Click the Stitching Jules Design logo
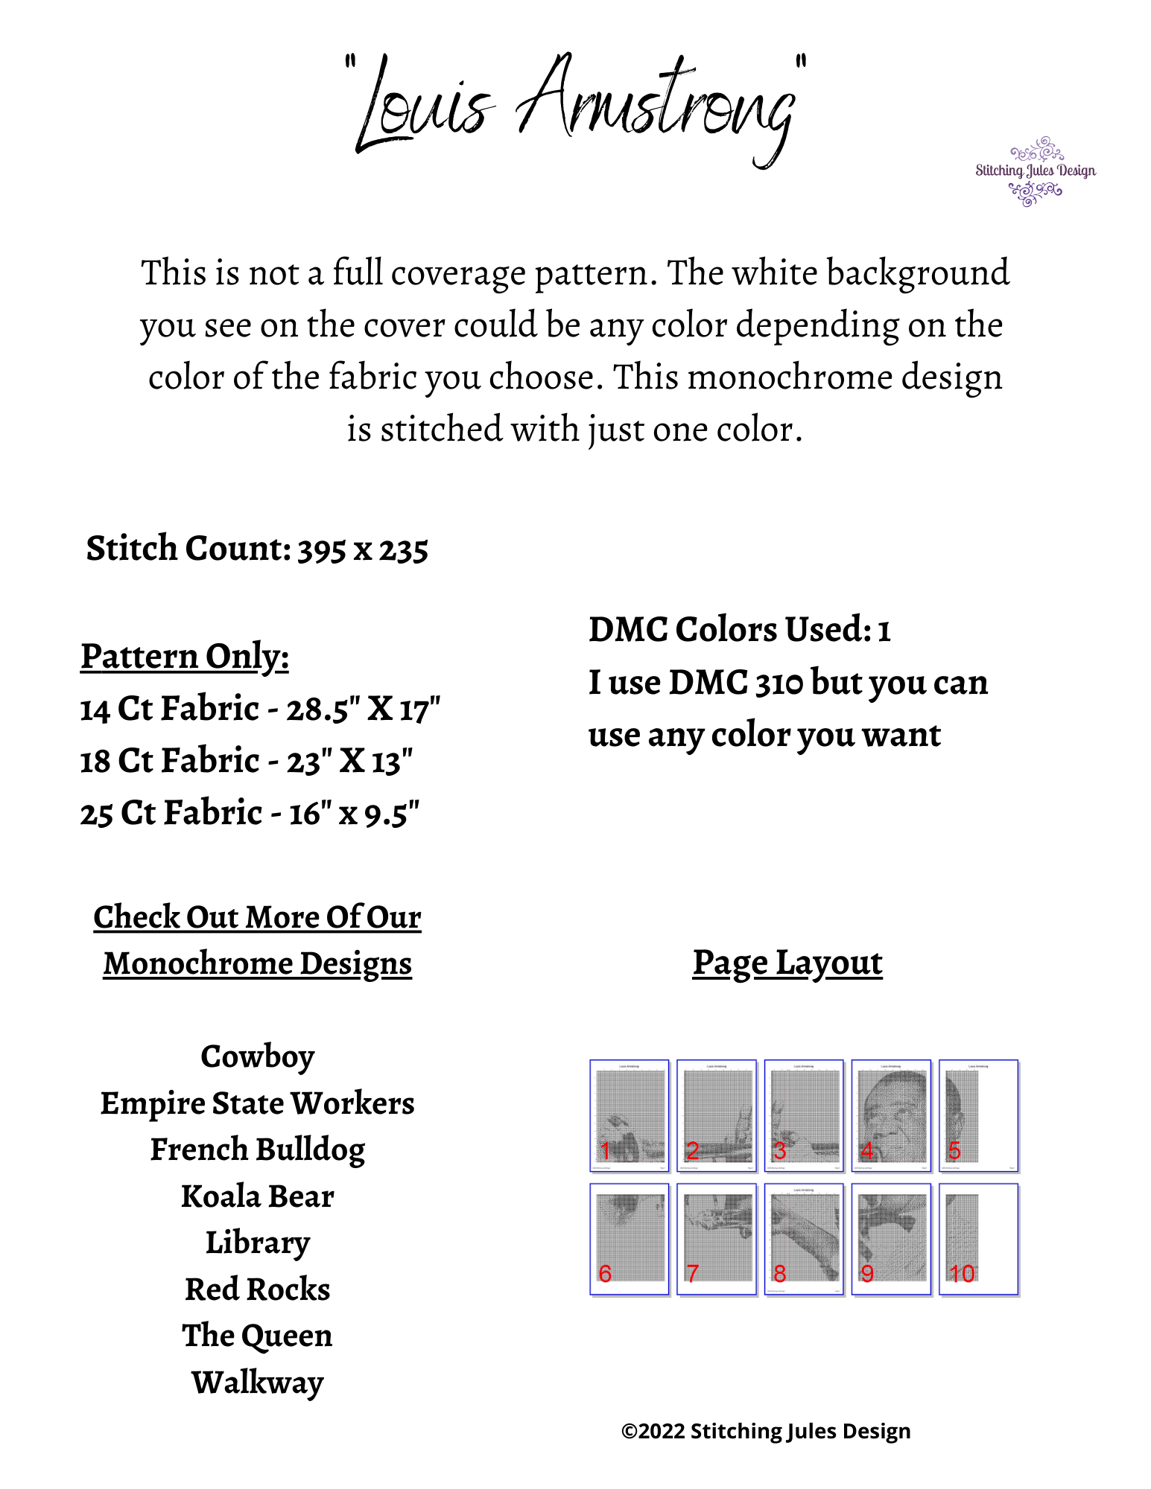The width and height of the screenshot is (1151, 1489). coord(1035,171)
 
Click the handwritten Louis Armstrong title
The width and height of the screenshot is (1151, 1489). coord(575,108)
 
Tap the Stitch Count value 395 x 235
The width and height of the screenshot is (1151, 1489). coord(363,550)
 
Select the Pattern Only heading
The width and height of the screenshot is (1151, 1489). coord(185,657)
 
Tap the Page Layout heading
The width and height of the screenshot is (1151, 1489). coord(787,963)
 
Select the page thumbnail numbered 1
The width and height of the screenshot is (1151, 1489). coord(630,1115)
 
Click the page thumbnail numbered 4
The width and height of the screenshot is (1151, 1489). coord(891,1115)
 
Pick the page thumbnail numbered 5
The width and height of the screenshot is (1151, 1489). coord(978,1115)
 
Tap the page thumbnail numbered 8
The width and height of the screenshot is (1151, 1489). coord(804,1239)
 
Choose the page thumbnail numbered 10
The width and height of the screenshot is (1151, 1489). coord(978,1239)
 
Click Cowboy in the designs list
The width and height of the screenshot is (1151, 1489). coord(258,1057)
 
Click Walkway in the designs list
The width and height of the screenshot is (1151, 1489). coord(258,1383)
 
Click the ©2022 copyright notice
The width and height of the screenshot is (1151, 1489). coord(766,1431)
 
